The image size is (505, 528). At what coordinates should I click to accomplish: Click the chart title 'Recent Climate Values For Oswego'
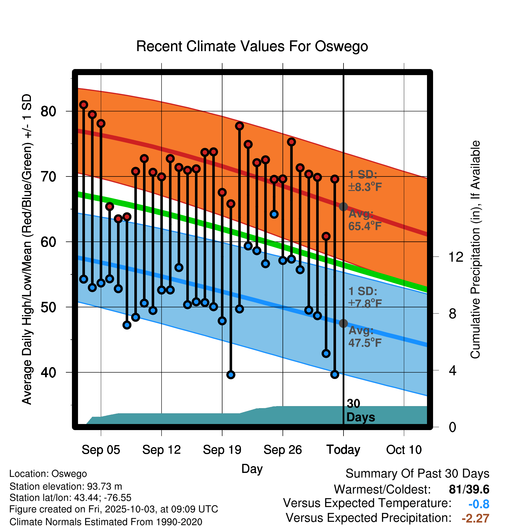pyautogui.click(x=252, y=46)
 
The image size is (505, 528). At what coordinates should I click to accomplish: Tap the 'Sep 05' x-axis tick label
pyautogui.click(x=101, y=450)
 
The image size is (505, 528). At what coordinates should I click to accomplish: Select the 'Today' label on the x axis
pyautogui.click(x=343, y=450)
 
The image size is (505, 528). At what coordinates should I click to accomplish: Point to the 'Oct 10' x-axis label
pyautogui.click(x=404, y=450)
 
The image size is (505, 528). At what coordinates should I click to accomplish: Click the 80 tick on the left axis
pyautogui.click(x=48, y=111)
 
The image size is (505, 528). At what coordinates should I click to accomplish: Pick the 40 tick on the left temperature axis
pyautogui.click(x=48, y=372)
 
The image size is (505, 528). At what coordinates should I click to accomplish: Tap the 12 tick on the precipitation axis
pyautogui.click(x=456, y=257)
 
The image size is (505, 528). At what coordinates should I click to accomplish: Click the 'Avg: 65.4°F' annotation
pyautogui.click(x=365, y=220)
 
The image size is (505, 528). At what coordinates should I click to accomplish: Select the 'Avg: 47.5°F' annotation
pyautogui.click(x=365, y=337)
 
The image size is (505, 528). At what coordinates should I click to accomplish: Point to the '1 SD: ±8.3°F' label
pyautogui.click(x=365, y=181)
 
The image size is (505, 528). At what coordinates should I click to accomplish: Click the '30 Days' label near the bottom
pyautogui.click(x=360, y=410)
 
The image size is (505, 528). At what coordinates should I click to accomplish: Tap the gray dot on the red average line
pyautogui.click(x=343, y=207)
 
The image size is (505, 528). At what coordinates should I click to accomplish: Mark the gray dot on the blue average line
pyautogui.click(x=343, y=323)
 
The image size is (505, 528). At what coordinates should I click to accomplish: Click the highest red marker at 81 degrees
pyautogui.click(x=84, y=105)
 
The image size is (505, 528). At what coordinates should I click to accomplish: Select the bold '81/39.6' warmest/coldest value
pyautogui.click(x=469, y=489)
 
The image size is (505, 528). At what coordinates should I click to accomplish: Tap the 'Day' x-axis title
pyautogui.click(x=252, y=469)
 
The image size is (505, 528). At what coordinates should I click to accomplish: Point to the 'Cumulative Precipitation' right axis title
pyautogui.click(x=475, y=250)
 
